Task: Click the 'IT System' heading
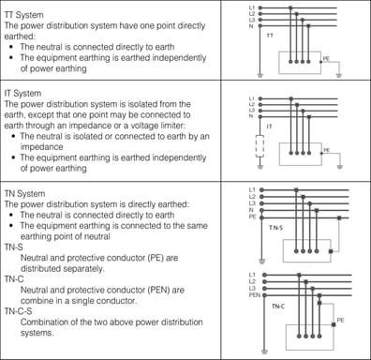point(24,94)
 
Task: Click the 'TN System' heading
point(26,192)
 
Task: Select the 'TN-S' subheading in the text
point(18,248)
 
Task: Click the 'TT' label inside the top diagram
point(270,36)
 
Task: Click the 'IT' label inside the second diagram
point(270,126)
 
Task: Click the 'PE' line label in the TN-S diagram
point(252,217)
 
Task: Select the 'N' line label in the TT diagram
point(251,26)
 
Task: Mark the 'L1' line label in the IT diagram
point(251,97)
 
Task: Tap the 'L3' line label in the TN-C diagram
point(252,288)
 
